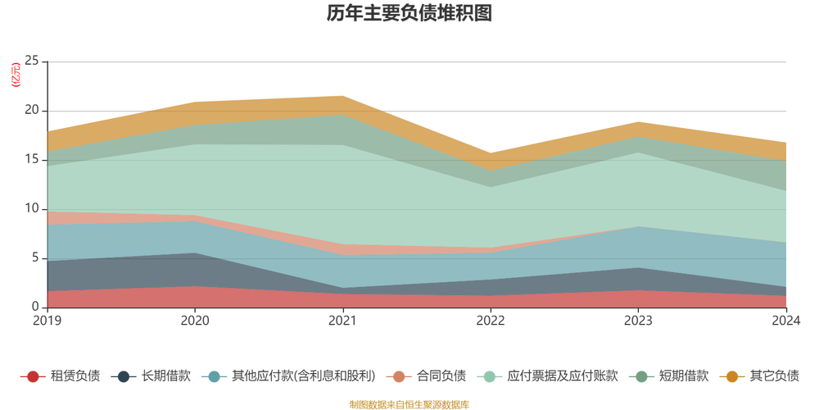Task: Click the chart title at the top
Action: coord(409,14)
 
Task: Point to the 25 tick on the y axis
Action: coord(33,61)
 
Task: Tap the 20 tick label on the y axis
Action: coord(33,110)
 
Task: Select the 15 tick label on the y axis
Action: coord(33,159)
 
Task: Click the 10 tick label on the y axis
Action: coord(33,208)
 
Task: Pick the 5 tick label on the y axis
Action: coord(35,257)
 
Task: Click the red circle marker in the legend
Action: coord(32,376)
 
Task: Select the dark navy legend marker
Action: coord(124,376)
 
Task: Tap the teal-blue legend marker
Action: coord(215,376)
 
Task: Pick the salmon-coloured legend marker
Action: coord(399,376)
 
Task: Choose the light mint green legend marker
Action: coord(490,376)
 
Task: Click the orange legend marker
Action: coord(732,376)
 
